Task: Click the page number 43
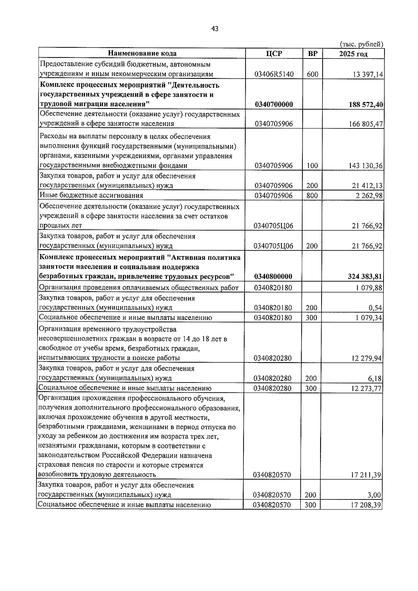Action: click(215, 29)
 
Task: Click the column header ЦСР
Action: click(274, 53)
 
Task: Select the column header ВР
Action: click(313, 53)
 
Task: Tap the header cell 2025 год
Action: click(353, 54)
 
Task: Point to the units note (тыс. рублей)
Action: click(361, 44)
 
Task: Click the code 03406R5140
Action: click(274, 74)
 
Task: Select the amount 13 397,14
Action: click(368, 74)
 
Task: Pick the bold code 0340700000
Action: click(274, 104)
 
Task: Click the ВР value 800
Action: click(312, 196)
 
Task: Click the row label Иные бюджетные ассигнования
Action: click(92, 195)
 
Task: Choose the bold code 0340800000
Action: click(273, 277)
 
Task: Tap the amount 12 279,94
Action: click(367, 358)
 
